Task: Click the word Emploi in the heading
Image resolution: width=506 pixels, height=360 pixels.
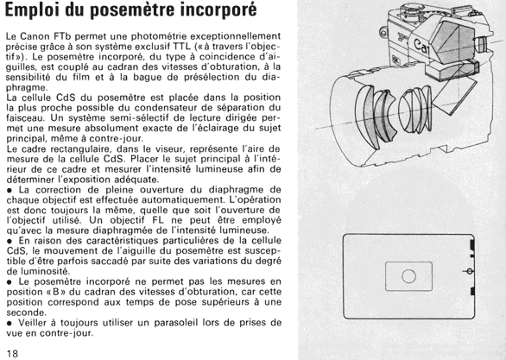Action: point(33,9)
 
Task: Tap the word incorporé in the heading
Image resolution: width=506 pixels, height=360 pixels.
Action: point(218,9)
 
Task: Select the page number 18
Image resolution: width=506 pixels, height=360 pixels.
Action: point(12,353)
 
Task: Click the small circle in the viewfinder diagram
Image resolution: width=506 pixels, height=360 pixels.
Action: point(408,276)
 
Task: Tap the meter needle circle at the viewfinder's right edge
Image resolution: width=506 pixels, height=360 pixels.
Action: point(470,272)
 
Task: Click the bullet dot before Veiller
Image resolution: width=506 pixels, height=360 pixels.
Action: point(9,323)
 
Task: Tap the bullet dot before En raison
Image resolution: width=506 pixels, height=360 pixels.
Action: point(9,241)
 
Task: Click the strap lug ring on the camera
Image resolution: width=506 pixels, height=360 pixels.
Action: point(383,33)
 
